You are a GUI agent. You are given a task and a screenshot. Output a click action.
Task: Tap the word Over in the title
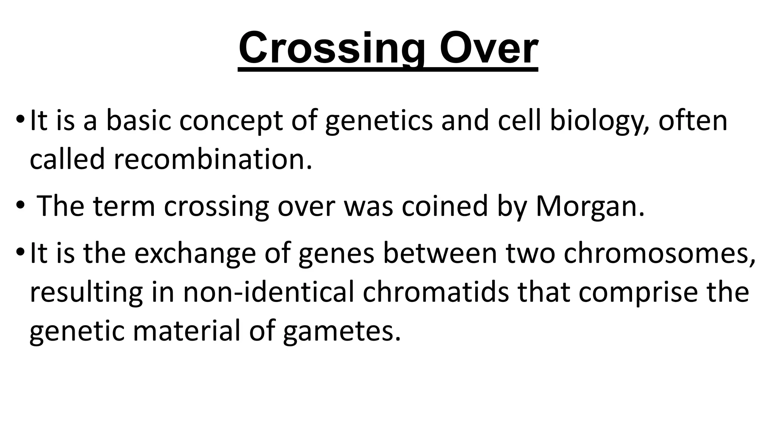tap(488, 49)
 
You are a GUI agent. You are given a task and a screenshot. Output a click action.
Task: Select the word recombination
tap(213, 159)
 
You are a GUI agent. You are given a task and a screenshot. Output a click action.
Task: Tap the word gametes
tap(341, 331)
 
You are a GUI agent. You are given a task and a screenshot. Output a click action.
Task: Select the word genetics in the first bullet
tap(379, 121)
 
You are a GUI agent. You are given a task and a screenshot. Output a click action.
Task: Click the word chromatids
tap(436, 292)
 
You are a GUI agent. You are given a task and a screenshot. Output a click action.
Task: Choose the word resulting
tap(86, 292)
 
